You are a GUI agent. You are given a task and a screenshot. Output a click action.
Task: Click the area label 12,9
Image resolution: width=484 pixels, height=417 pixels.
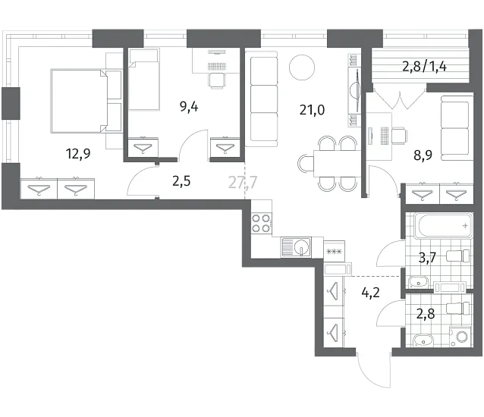(x=78, y=153)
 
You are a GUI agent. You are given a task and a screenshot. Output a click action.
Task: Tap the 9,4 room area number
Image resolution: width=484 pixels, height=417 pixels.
(x=189, y=107)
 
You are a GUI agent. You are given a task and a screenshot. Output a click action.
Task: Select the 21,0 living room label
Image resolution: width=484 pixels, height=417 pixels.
(x=312, y=110)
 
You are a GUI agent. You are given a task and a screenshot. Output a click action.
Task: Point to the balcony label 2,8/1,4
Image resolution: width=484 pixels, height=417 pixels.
(x=424, y=66)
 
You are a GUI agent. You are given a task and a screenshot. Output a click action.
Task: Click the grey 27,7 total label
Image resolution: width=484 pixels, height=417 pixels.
(x=243, y=182)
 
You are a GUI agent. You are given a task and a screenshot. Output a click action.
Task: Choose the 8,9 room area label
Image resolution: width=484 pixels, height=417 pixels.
(x=423, y=155)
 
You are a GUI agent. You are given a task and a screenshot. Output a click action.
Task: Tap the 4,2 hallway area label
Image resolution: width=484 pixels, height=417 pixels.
(x=370, y=292)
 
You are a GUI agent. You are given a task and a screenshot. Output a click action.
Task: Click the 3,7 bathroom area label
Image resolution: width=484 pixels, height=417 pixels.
(x=427, y=258)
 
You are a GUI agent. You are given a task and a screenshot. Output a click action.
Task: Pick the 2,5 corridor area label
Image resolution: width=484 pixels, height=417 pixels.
(x=181, y=181)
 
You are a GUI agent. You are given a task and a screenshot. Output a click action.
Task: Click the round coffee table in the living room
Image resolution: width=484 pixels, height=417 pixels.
(x=302, y=67)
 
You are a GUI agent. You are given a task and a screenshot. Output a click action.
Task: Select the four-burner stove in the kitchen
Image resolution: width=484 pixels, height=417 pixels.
(x=262, y=223)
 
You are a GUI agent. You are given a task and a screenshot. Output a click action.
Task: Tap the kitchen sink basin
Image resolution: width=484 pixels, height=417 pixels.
(x=302, y=247)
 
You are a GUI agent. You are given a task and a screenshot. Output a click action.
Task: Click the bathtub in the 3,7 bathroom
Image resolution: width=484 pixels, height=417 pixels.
(x=443, y=226)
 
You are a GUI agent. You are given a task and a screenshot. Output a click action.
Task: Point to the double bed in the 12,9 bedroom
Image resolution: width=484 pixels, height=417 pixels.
(x=86, y=101)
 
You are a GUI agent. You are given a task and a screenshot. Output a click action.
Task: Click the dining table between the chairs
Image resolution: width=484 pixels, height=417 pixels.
(x=337, y=164)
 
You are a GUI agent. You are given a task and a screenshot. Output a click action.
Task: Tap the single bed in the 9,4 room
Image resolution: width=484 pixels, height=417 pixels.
(x=144, y=80)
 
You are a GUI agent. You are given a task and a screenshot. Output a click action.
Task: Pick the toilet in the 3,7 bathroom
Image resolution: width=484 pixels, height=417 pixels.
(x=458, y=256)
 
